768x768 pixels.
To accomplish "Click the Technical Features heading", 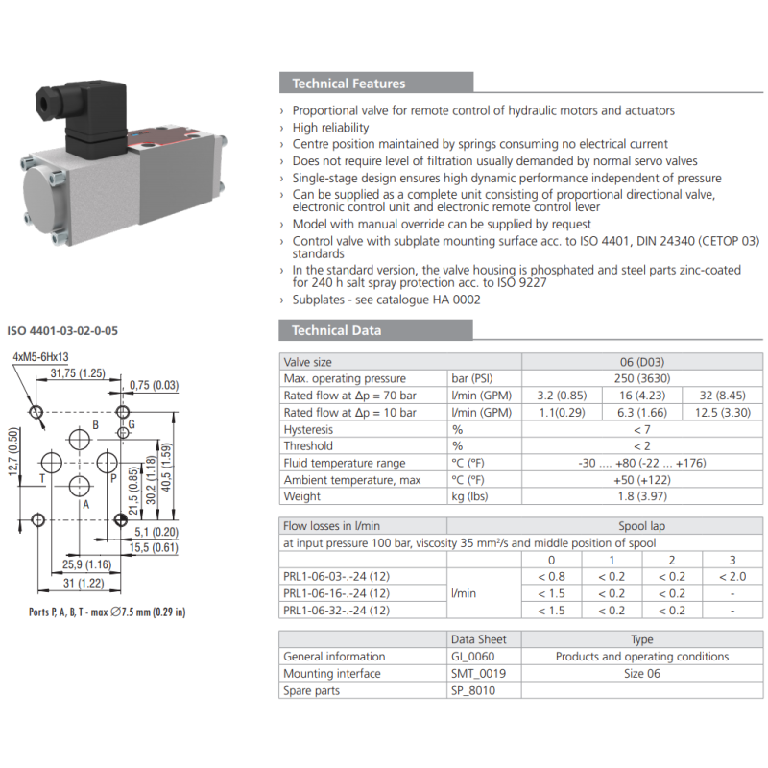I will pos(348,84).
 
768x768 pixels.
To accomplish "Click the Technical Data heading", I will pos(336,330).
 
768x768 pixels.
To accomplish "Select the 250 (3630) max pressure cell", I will pos(641,378).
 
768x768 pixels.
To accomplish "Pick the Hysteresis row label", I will pos(309,429).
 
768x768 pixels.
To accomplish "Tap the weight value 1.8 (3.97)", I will pos(641,496).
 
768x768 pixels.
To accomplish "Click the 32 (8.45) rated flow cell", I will pos(722,396).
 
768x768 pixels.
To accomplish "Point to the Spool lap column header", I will pos(641,526).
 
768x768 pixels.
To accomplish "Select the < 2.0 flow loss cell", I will pos(732,576).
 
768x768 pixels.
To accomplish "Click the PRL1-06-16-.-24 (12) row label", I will pos(336,593).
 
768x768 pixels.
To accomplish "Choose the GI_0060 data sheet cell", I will pos(477,657).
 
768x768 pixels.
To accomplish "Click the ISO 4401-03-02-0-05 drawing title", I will pos(63,331).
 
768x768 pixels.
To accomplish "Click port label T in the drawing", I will pos(41,476).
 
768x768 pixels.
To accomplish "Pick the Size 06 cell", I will pos(641,673).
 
